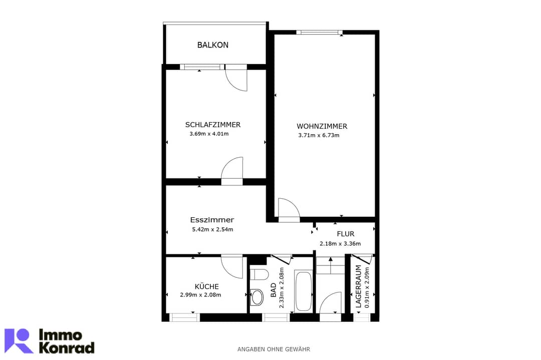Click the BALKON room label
(212, 45)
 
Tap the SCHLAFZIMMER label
(212, 125)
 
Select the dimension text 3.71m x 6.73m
(319, 135)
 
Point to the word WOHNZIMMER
(322, 126)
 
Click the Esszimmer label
(212, 220)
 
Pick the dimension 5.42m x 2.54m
(212, 229)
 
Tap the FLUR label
(345, 234)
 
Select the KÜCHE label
(207, 286)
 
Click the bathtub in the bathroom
(303, 290)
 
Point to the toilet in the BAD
(259, 274)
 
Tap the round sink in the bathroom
(256, 297)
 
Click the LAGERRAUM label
(359, 286)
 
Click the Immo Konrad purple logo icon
(19, 340)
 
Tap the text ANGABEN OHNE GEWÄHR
(274, 349)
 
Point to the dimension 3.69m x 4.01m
(209, 134)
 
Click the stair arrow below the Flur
(331, 265)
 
